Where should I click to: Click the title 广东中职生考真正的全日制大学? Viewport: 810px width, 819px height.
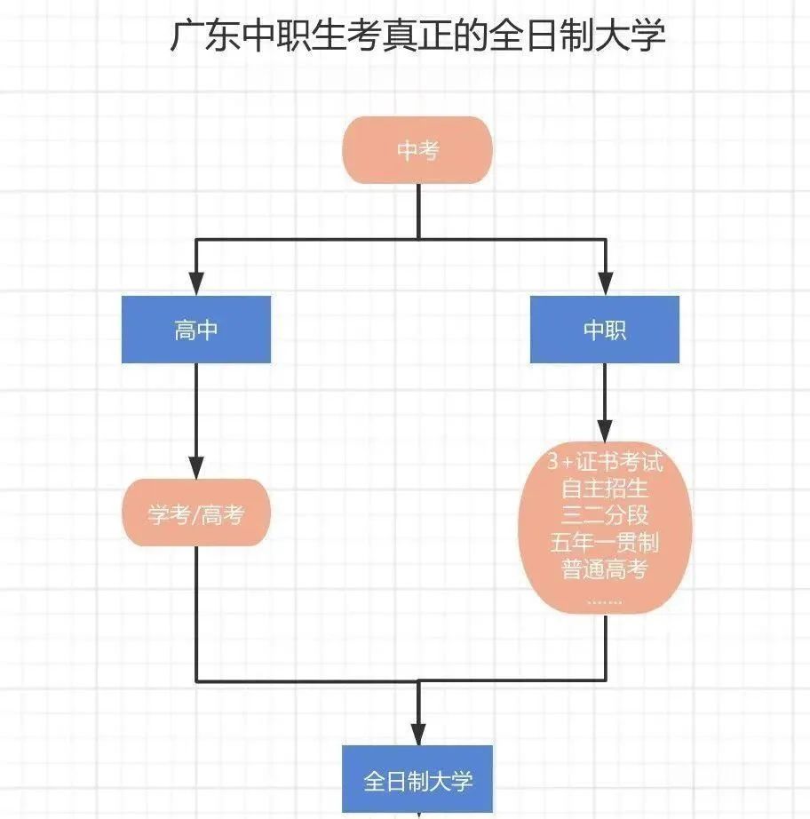417,36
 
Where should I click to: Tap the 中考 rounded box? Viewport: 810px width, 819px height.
417,150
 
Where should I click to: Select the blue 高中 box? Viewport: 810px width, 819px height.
196,330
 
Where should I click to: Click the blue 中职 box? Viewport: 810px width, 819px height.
605,330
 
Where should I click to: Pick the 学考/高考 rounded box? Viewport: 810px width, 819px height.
196,513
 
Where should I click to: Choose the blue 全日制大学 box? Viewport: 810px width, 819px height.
417,779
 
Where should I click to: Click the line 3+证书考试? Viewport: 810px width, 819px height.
605,462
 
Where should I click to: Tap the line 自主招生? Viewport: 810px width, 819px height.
605,489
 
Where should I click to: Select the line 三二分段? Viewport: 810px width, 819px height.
605,515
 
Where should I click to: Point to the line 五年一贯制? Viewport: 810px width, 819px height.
605,542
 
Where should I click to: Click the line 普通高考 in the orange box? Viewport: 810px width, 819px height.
605,569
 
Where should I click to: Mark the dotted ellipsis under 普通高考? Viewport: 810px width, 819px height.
605,601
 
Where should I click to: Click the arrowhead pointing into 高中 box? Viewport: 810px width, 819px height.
196,283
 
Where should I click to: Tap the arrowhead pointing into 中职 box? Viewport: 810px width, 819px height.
606,283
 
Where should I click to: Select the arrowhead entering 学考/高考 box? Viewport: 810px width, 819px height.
196,467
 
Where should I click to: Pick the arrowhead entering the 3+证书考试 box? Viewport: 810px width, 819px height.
605,431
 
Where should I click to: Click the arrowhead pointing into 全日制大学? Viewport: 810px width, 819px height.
418,734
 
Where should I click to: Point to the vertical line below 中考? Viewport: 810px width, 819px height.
419,211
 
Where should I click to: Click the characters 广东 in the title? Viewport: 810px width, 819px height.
205,36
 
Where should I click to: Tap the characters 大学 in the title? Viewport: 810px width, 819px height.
631,36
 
